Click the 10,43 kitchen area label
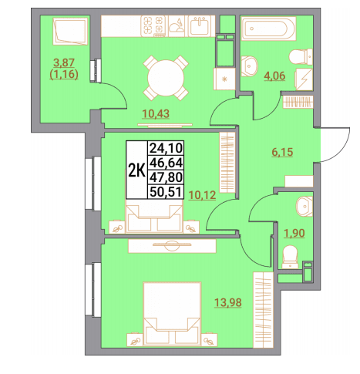(156, 113)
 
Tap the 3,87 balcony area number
(64, 62)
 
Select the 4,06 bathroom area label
(274, 76)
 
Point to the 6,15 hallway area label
(282, 152)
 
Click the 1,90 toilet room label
(294, 233)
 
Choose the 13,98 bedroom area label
(228, 302)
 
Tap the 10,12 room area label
(202, 195)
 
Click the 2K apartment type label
(137, 170)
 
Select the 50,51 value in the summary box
(166, 192)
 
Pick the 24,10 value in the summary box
(166, 148)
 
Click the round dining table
(166, 78)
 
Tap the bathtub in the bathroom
(268, 29)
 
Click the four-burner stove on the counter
(154, 25)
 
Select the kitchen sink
(201, 25)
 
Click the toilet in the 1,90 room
(290, 257)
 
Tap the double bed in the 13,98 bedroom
(172, 314)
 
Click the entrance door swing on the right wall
(335, 145)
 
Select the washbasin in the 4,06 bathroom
(249, 66)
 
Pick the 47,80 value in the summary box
(166, 177)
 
